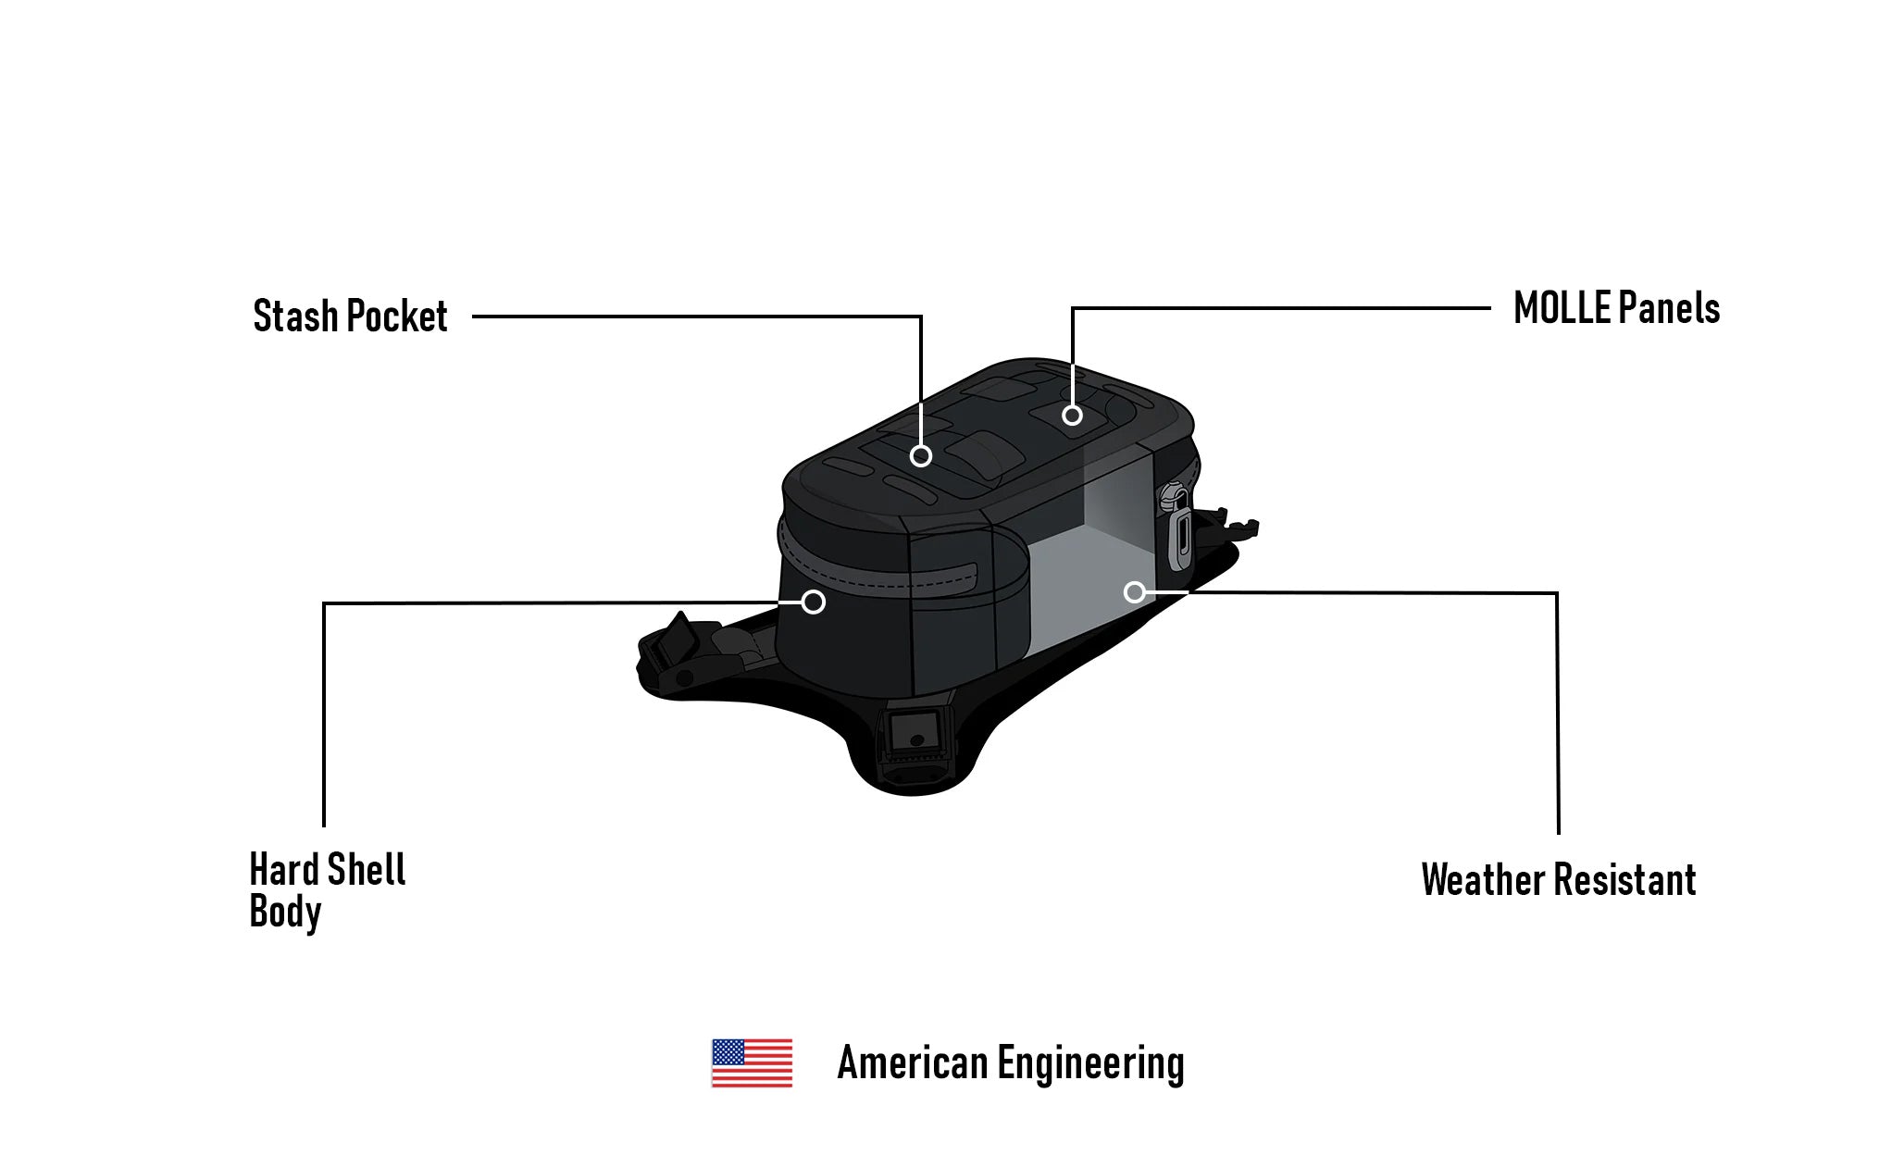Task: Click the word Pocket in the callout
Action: (398, 317)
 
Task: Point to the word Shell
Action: (367, 870)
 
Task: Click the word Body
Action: (285, 913)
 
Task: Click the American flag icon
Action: (752, 1062)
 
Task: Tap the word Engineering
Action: (1090, 1063)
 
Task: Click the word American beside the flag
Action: (913, 1063)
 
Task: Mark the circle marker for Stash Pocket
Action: (920, 455)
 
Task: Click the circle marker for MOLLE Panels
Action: (1072, 416)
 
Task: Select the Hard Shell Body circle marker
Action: (813, 602)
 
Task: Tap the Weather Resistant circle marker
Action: (1135, 592)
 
